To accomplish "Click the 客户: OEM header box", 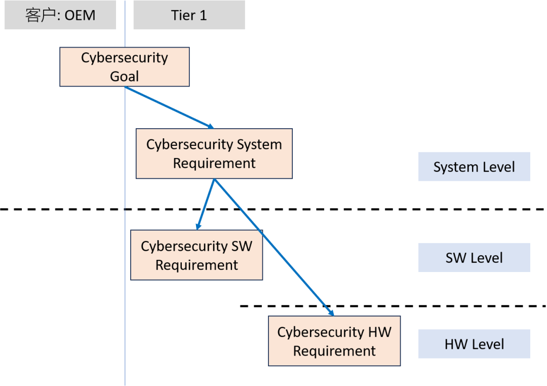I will (60, 15).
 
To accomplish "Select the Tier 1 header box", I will (189, 15).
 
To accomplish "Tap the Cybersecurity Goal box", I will (125, 67).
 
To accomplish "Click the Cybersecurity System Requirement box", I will (214, 153).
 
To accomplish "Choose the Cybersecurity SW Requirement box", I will (197, 255).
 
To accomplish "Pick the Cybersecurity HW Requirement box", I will (334, 341).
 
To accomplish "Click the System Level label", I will (474, 167).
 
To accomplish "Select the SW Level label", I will (474, 257).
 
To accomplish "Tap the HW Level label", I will (474, 344).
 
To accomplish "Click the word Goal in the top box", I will (125, 76).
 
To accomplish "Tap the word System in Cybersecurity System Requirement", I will (258, 144).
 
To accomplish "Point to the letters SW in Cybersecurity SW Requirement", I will (242, 246).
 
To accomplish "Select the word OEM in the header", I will (80, 15).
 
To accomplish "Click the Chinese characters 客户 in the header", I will (40, 15).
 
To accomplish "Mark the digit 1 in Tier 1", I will (204, 15).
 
